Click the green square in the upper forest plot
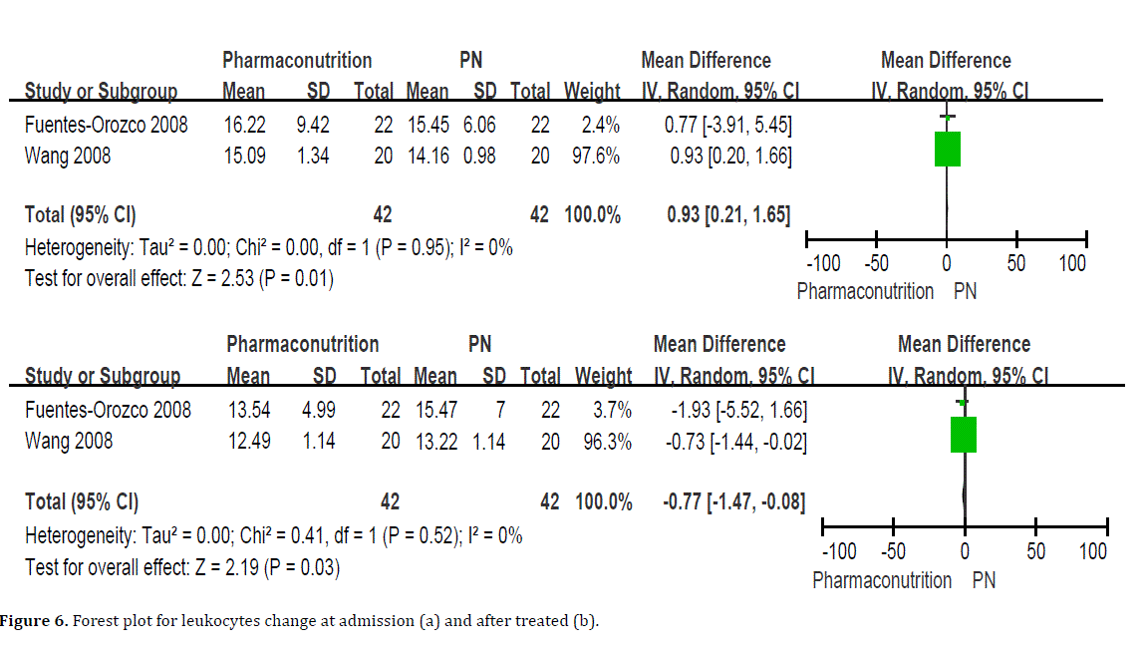click(x=947, y=149)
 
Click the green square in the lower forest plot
click(x=964, y=435)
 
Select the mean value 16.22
click(x=243, y=125)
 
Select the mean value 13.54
click(x=248, y=410)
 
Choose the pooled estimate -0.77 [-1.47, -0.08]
click(x=734, y=502)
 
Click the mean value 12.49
click(x=248, y=441)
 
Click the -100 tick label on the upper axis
click(x=822, y=264)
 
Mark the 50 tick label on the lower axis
click(x=1036, y=551)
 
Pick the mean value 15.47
click(x=435, y=410)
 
